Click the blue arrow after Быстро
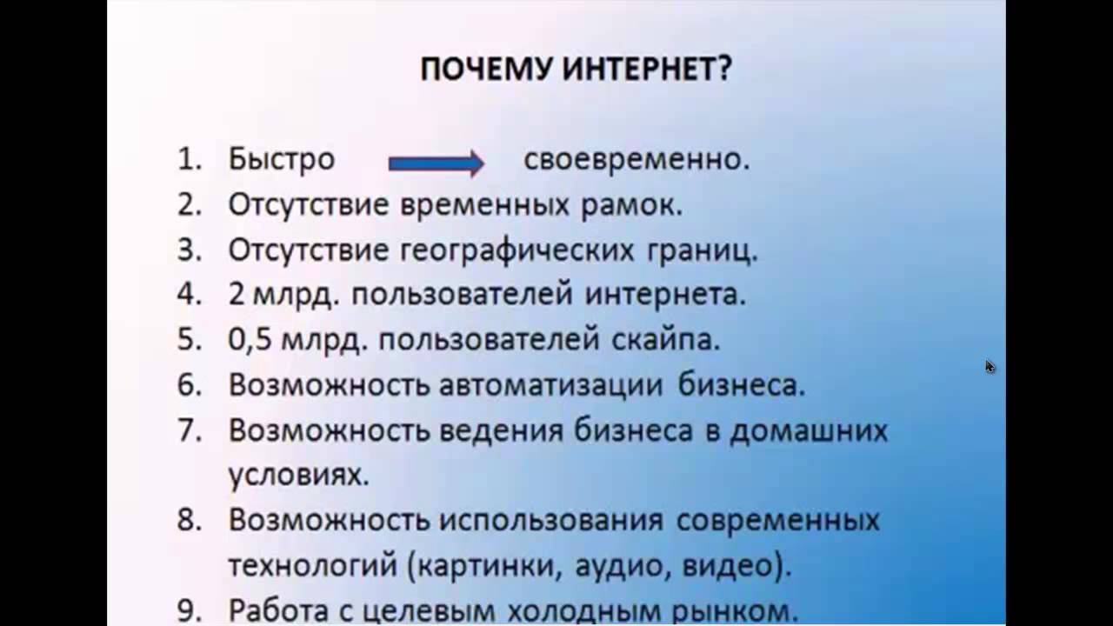click(x=435, y=162)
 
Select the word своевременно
click(x=636, y=160)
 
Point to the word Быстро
click(x=281, y=160)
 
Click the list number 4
click(x=189, y=294)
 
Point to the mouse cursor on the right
click(x=990, y=366)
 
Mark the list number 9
click(x=189, y=610)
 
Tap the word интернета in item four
click(x=665, y=294)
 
